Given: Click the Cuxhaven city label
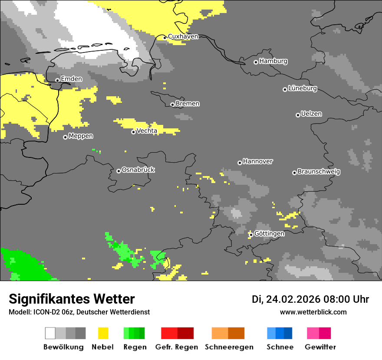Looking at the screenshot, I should point(183,36).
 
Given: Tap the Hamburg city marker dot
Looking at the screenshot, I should point(256,62).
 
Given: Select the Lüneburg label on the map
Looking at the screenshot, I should point(303,88).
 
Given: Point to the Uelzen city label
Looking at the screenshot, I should point(311,114).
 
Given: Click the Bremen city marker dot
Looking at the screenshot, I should point(172,105).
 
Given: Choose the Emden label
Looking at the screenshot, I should point(71,79).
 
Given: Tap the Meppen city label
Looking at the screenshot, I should point(81,136).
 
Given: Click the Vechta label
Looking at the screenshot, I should point(147,131).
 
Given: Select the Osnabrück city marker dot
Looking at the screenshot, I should point(119,171).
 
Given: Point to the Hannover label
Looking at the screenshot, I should point(258,161).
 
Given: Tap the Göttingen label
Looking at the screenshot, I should point(269,234).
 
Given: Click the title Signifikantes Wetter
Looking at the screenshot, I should point(72,299).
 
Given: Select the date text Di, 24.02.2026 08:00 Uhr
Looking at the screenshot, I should point(310,299).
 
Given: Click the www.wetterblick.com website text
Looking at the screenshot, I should point(313,312).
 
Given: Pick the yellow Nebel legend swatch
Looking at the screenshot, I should point(103,333).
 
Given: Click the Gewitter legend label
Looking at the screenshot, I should point(320,347).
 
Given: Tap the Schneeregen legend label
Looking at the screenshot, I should point(229,347).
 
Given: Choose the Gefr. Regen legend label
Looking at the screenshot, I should point(177,347).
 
